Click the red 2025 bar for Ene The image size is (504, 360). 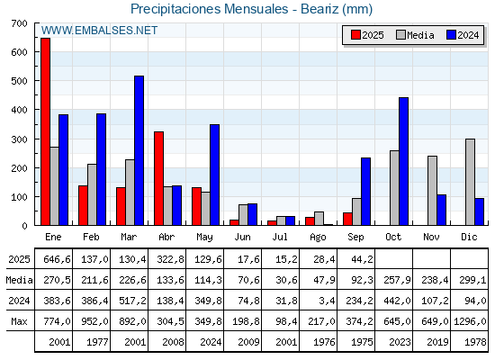click(x=45, y=131)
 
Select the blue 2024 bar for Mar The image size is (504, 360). click(x=139, y=150)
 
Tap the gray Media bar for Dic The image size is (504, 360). click(x=470, y=182)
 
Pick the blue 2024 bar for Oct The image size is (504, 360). click(x=403, y=161)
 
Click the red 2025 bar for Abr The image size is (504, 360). click(x=158, y=178)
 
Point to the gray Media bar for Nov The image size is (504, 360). click(x=432, y=191)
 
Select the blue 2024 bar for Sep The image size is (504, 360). click(x=365, y=191)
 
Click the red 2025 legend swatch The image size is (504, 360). click(x=355, y=35)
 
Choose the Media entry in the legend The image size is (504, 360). click(x=415, y=35)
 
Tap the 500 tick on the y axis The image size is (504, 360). click(x=19, y=81)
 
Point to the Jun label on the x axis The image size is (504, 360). click(x=242, y=238)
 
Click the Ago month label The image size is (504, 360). click(x=318, y=238)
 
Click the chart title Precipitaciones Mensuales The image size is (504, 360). click(x=209, y=9)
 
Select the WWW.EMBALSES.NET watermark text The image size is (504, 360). click(x=99, y=31)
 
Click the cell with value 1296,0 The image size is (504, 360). click(x=470, y=321)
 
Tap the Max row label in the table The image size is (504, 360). click(x=19, y=321)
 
